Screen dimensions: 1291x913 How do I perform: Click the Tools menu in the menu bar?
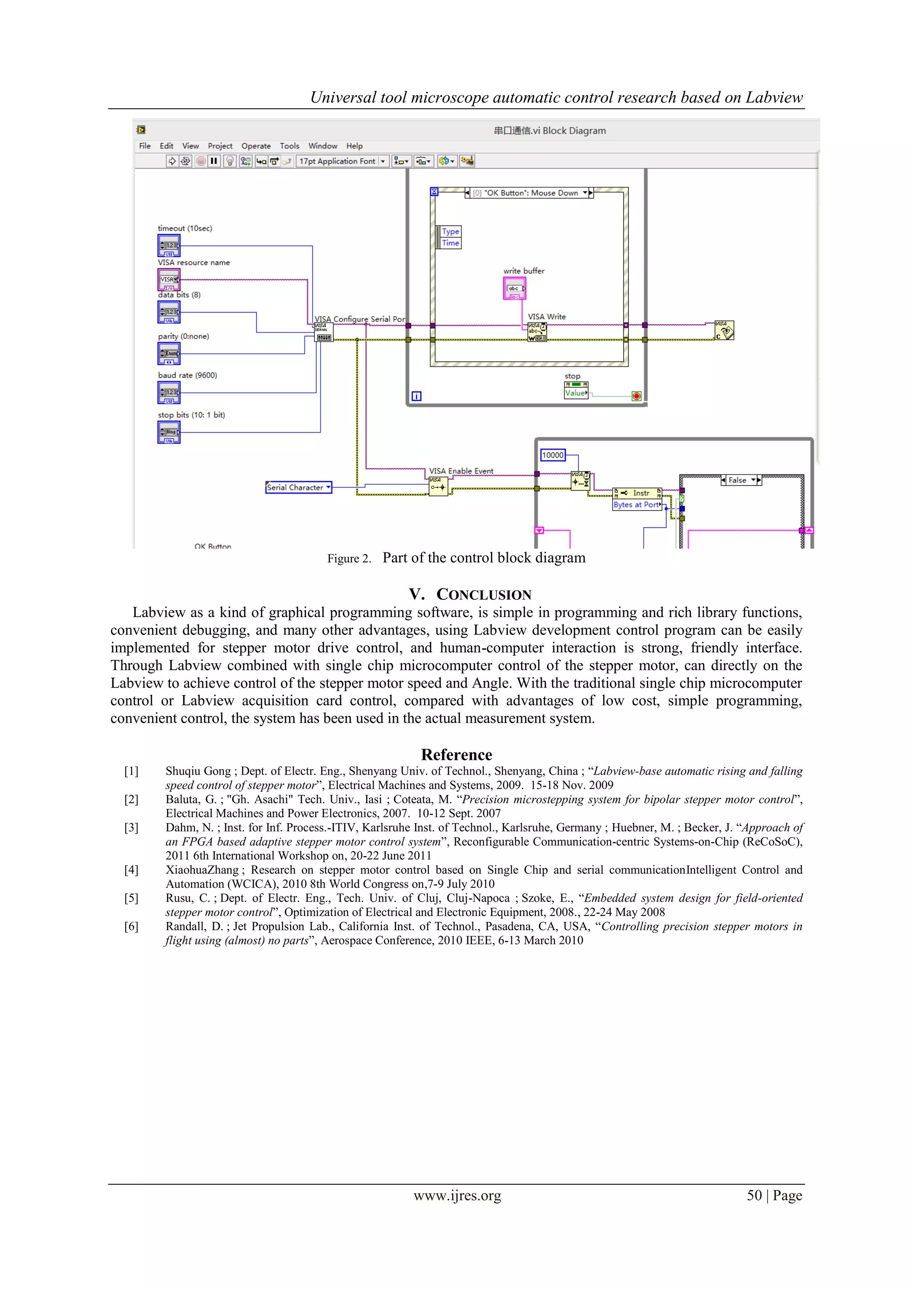click(x=289, y=146)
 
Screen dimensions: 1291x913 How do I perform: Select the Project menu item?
click(x=220, y=146)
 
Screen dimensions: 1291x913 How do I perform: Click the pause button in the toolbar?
click(x=214, y=161)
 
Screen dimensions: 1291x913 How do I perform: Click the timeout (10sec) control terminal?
click(x=169, y=246)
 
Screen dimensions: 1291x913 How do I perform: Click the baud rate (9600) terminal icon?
click(x=169, y=392)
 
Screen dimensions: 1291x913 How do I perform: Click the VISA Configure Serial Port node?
click(x=323, y=332)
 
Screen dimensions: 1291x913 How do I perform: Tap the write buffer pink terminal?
click(x=514, y=289)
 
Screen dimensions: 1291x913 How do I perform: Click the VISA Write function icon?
click(x=537, y=332)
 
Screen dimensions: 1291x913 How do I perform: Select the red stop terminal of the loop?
click(x=637, y=396)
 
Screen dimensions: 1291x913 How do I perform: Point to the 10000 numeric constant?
click(x=553, y=455)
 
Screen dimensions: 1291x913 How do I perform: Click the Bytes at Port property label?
click(x=637, y=505)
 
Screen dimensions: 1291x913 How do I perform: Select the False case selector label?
click(x=738, y=480)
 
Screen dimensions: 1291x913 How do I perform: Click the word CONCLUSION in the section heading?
click(x=484, y=595)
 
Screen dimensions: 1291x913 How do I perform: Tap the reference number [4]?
click(x=131, y=870)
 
